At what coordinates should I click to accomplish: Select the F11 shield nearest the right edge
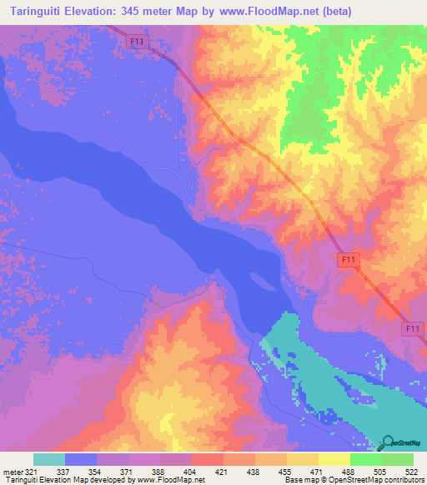click(410, 330)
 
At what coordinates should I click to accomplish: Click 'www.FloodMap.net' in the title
click(268, 11)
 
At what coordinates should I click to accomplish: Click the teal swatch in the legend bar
click(49, 459)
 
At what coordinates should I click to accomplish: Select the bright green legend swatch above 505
click(365, 459)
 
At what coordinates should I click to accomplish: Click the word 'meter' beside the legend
click(13, 472)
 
